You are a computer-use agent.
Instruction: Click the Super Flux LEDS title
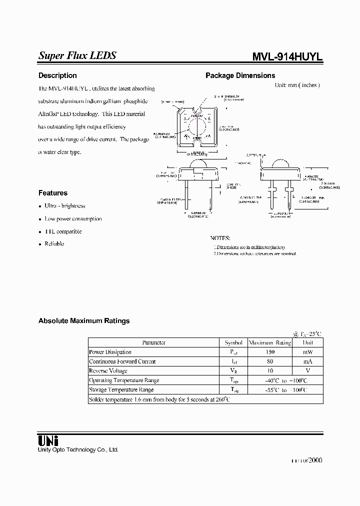(77, 56)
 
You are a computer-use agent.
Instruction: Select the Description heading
(57, 75)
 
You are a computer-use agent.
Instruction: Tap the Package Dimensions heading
(240, 75)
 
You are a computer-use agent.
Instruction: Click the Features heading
(53, 193)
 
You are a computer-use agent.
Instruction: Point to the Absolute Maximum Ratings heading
(84, 321)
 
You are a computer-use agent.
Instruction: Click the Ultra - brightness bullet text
(65, 206)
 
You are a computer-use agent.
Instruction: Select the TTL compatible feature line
(63, 231)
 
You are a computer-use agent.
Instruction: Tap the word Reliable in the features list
(54, 244)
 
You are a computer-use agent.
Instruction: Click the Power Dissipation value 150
(270, 352)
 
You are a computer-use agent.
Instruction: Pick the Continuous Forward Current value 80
(270, 361)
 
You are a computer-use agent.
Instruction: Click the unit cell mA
(308, 361)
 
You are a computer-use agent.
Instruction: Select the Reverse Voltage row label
(108, 371)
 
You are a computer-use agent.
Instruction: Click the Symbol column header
(233, 342)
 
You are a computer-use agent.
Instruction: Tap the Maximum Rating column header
(270, 342)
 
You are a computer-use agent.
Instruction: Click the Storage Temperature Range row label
(121, 389)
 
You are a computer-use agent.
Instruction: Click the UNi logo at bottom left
(48, 440)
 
